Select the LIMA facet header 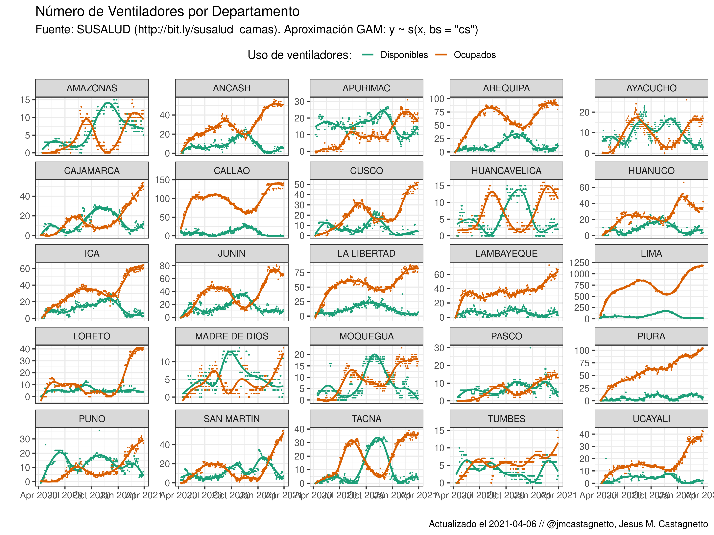(651, 253)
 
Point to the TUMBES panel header (506, 419)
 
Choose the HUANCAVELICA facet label (506, 171)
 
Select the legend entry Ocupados (474, 55)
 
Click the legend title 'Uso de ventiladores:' (299, 55)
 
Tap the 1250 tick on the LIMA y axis (579, 263)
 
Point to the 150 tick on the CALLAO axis (162, 180)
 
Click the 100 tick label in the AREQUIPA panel (437, 99)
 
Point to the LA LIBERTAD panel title (366, 253)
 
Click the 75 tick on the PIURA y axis (584, 363)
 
